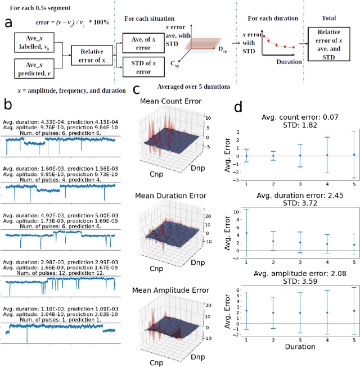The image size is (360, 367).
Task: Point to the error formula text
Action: [62, 22]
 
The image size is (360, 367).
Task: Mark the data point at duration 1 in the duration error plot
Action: [246, 233]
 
